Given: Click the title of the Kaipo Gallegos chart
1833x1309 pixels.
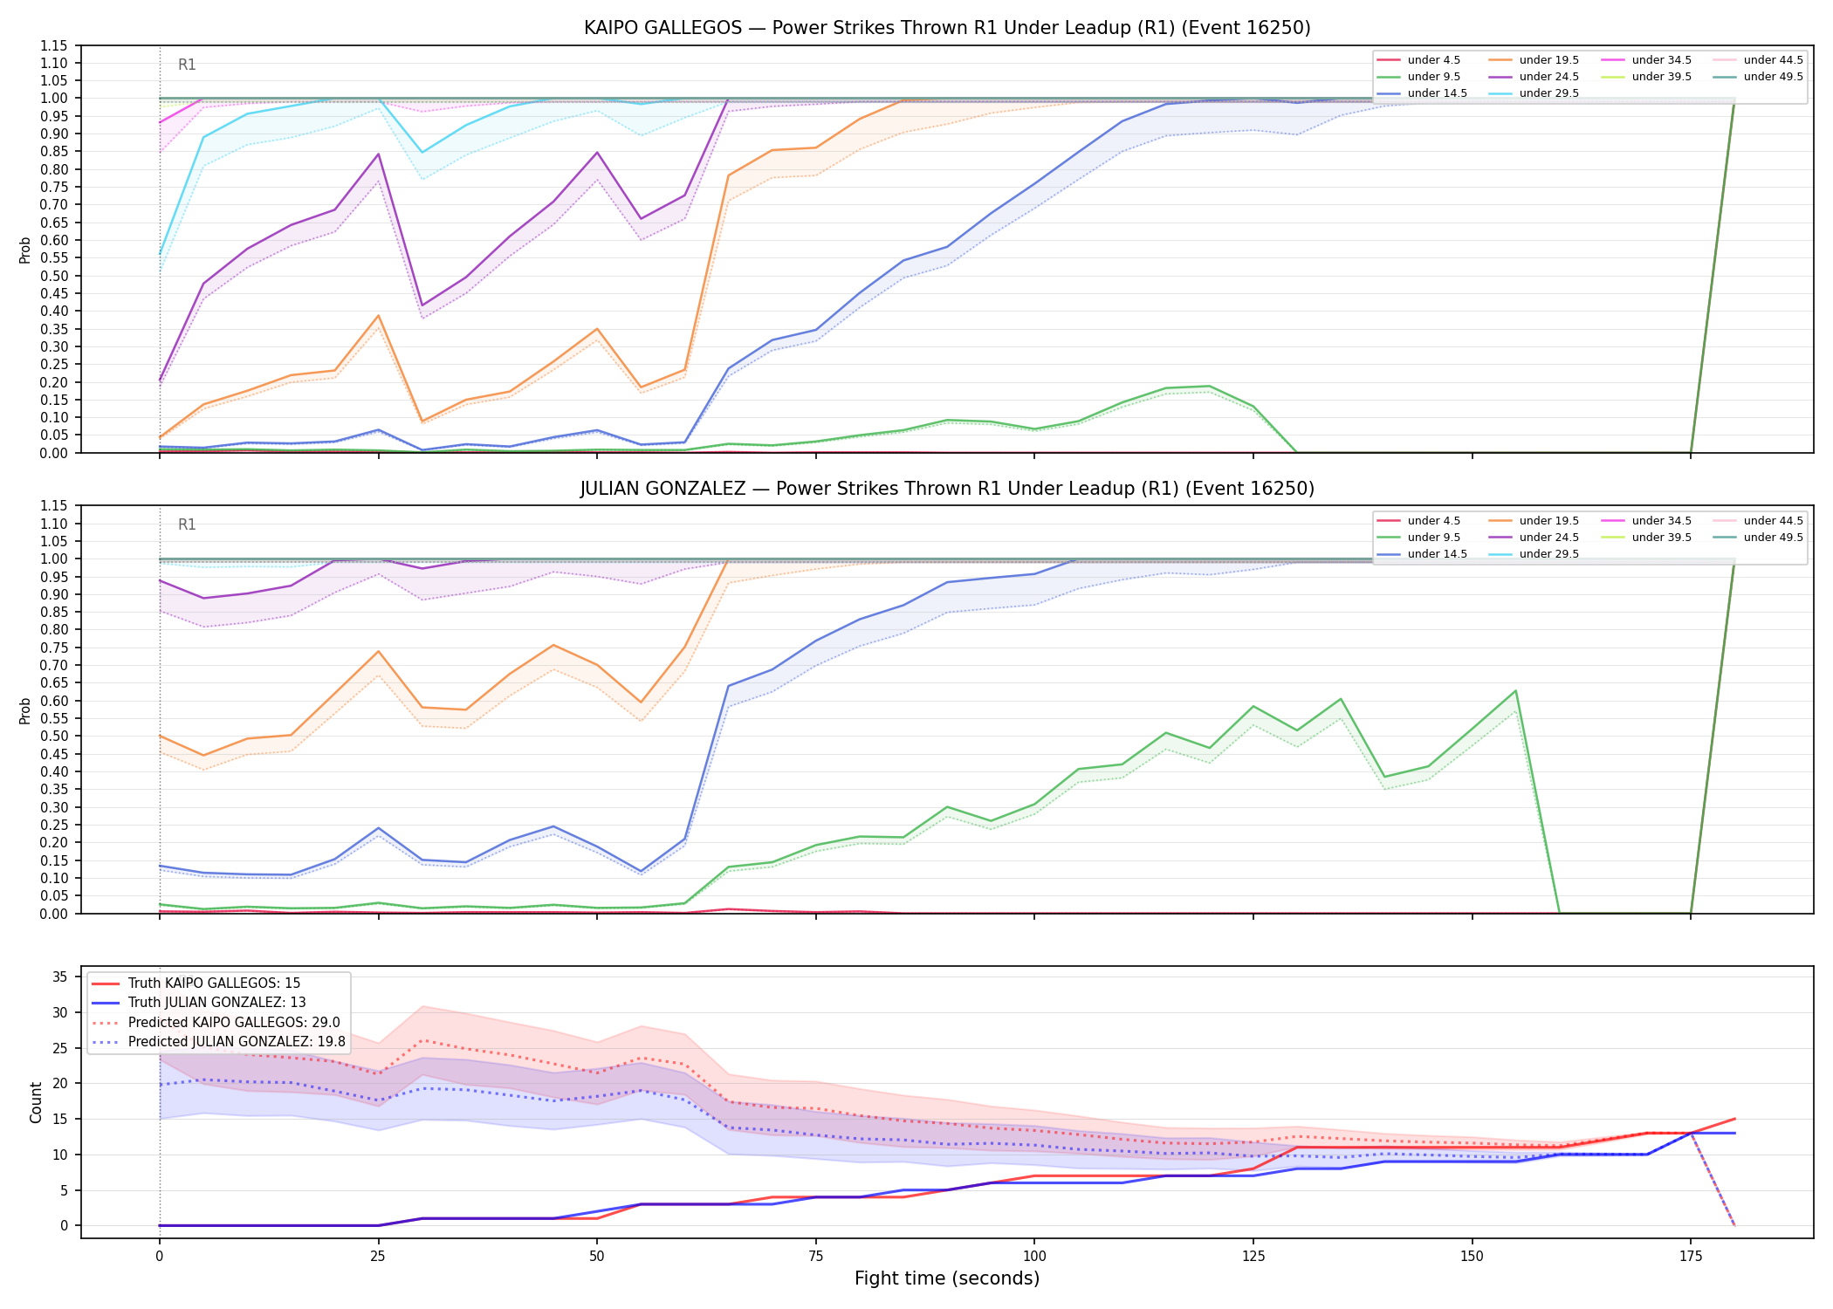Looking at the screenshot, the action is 947,28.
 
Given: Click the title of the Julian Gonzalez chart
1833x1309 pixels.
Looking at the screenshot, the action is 947,489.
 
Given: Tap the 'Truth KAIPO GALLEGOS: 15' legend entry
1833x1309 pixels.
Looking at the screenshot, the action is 196,983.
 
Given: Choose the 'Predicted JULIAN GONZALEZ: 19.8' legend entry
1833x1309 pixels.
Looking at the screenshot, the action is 218,1042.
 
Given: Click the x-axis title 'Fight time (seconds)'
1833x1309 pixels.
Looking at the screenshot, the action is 947,1278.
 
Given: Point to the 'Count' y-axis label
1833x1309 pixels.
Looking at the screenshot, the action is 36,1102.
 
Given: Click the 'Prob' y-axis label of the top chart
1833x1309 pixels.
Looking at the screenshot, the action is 25,250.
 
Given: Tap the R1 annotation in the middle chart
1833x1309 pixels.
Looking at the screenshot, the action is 187,524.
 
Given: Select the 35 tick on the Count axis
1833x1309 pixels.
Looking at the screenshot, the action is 60,977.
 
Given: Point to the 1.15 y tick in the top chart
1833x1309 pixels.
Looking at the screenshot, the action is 54,45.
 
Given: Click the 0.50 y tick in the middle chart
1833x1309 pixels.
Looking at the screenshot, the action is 54,736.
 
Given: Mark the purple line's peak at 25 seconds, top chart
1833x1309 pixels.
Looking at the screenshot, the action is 378,154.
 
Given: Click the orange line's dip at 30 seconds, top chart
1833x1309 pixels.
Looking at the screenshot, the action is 422,421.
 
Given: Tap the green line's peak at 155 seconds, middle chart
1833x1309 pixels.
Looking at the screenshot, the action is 1515,691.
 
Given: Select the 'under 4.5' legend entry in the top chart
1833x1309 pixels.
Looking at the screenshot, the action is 1418,60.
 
